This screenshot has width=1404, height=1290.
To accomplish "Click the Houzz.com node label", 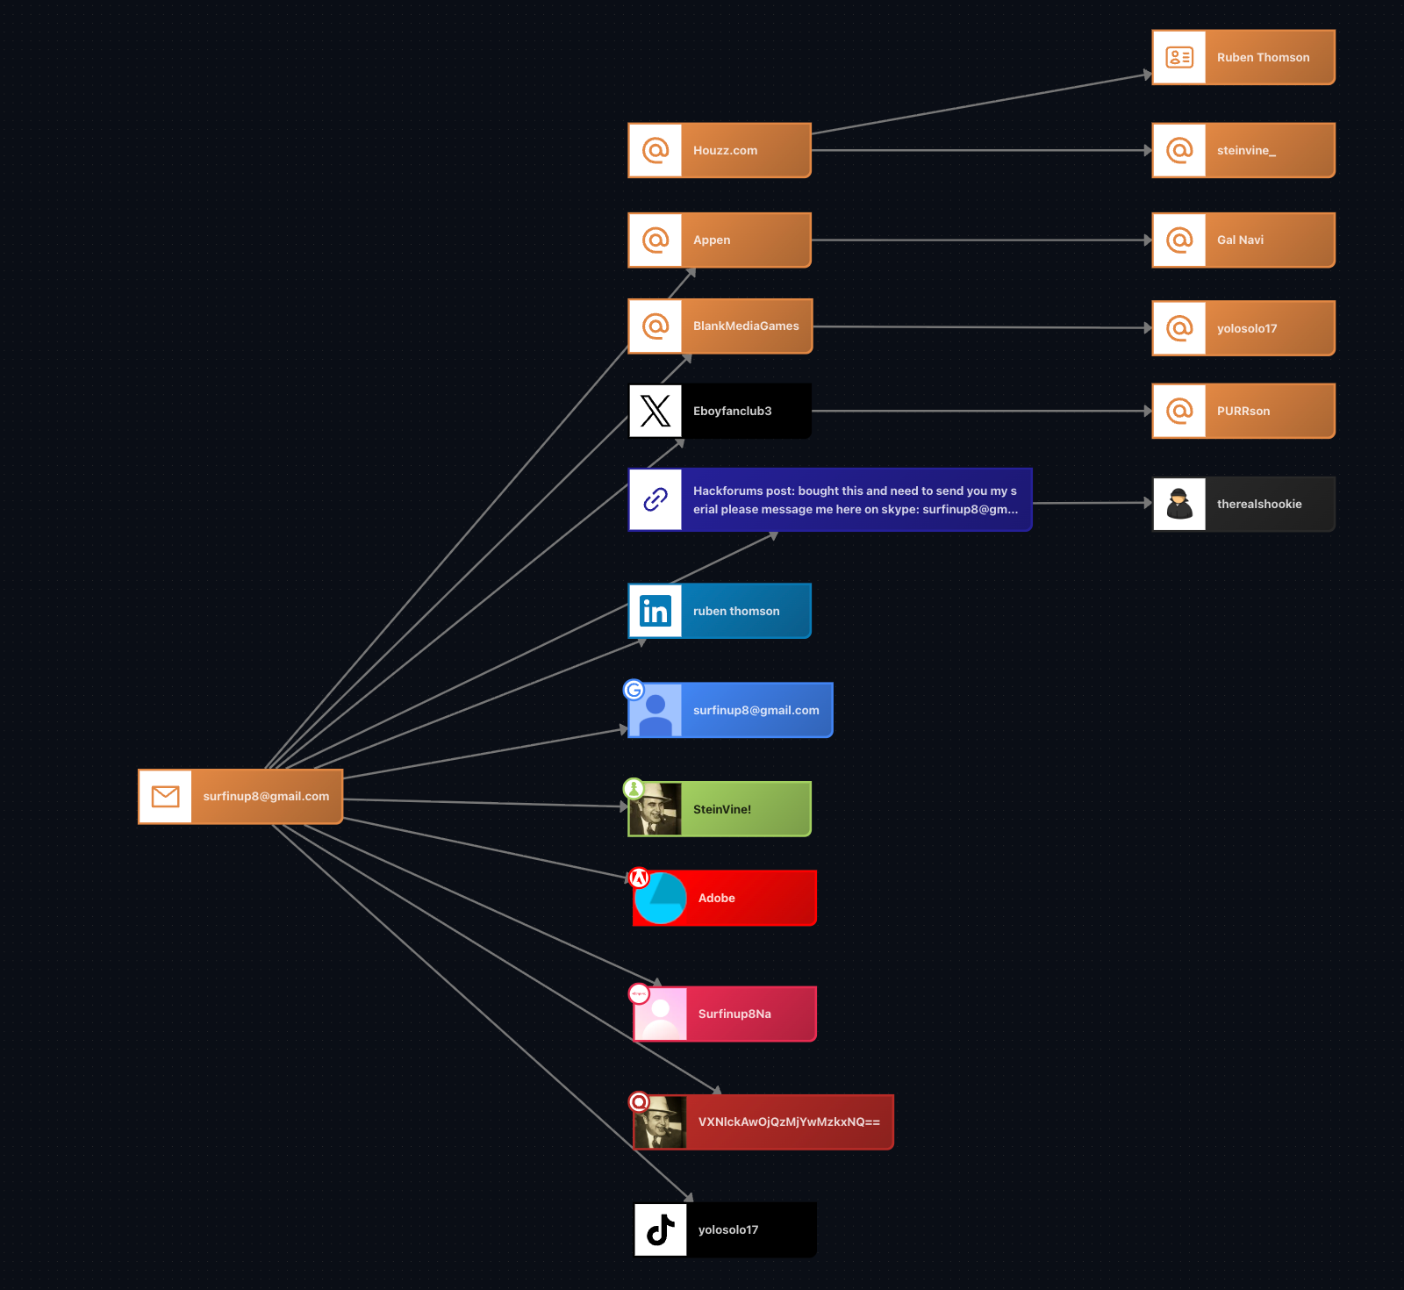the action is coord(725,150).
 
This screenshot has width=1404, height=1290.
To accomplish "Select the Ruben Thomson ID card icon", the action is coord(1178,57).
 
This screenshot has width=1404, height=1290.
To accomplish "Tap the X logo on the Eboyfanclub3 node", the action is coord(655,411).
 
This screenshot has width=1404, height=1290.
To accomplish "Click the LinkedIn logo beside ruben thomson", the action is coord(655,611).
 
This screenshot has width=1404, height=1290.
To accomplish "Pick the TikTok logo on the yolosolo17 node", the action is coord(660,1229).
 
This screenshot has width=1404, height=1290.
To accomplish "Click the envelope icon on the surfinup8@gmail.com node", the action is coord(165,796).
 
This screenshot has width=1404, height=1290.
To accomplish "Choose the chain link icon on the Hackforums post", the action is coord(655,499).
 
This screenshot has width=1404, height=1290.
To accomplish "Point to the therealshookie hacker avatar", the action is coord(1178,504).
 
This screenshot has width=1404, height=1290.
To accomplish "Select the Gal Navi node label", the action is coord(1240,240).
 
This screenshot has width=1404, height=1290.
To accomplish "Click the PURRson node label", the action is coord(1243,411).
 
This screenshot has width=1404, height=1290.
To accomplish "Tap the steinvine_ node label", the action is coord(1246,150).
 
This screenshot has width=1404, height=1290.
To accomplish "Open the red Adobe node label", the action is coord(716,898).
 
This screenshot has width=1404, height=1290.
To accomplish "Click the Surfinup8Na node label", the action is coord(734,1014).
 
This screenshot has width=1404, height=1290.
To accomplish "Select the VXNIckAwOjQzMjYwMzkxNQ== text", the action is coord(789,1122).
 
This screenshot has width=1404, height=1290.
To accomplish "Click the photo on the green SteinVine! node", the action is coord(655,809).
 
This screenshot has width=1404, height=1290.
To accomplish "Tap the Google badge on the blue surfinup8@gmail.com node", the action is coord(634,690).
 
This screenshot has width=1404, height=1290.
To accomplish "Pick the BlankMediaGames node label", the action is coord(746,326).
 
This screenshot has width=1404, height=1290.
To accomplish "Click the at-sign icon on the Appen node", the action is coord(655,240).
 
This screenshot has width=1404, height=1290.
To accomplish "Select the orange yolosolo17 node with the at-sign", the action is coord(1243,328).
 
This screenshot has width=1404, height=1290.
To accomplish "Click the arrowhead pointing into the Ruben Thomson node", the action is coord(1147,75).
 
